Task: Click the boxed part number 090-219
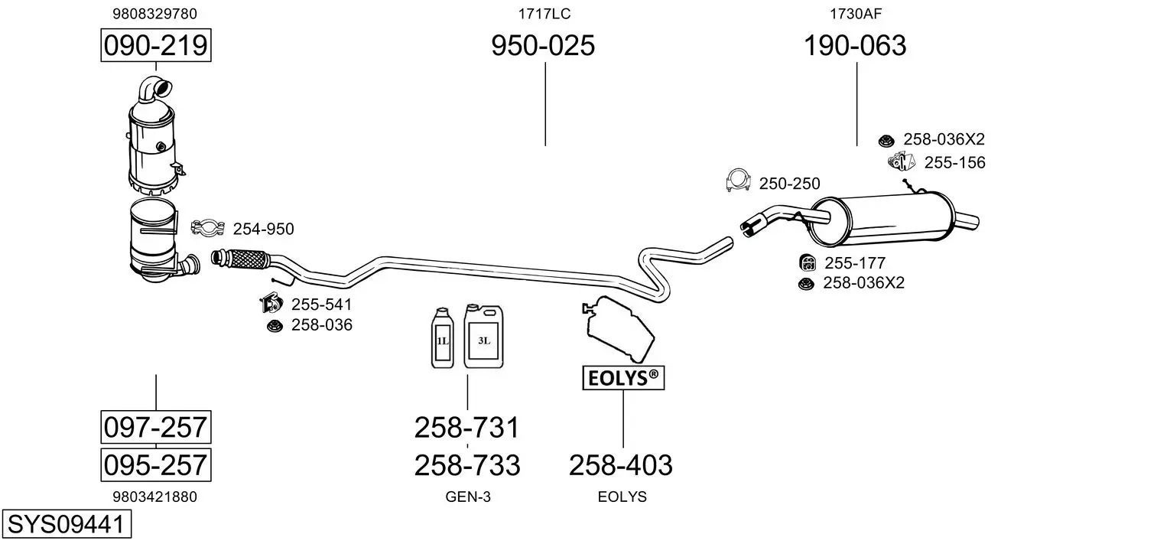[x=155, y=46]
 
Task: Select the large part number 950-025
[x=542, y=46]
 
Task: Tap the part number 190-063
[x=854, y=46]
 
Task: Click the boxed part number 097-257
[x=155, y=427]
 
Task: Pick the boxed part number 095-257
[x=155, y=464]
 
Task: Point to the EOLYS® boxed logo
[x=622, y=377]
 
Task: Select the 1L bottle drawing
[x=443, y=339]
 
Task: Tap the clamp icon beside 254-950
[x=206, y=228]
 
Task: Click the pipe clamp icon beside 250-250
[x=737, y=181]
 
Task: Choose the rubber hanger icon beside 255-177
[x=806, y=263]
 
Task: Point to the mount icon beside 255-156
[x=902, y=161]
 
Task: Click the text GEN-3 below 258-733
[x=467, y=497]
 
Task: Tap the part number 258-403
[x=620, y=464]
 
